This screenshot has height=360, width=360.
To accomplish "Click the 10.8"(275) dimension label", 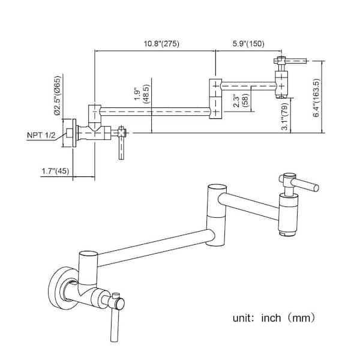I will tap(155, 44).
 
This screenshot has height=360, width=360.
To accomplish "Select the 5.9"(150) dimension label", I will tap(249, 44).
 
